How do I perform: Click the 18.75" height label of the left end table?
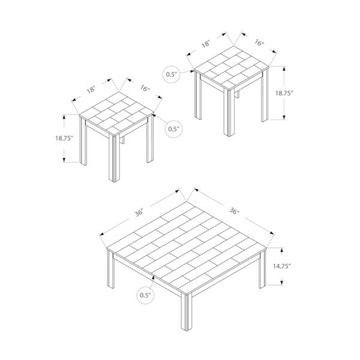tap(62, 138)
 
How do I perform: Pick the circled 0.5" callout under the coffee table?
tap(145, 295)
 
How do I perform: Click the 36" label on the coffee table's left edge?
tap(139, 212)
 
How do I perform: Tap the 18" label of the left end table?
tap(91, 90)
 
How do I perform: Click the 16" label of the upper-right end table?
tap(259, 43)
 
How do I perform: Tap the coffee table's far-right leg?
tap(263, 270)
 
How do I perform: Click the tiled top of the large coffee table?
tap(186, 240)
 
